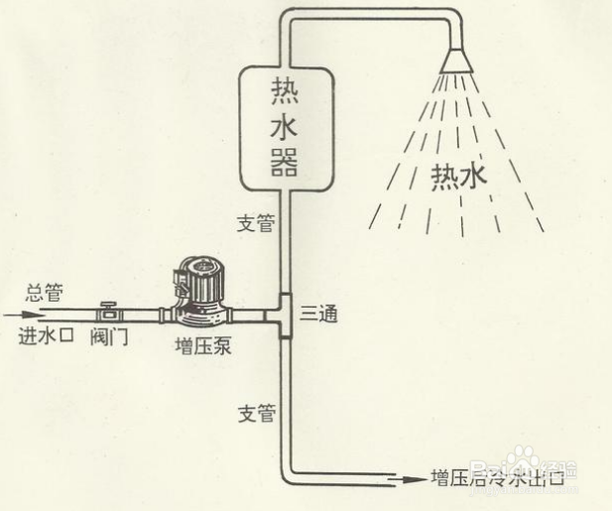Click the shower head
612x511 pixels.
pos(458,60)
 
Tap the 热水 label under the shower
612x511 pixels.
pos(459,178)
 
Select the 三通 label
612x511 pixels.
pos(318,315)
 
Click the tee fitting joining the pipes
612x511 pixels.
pos(284,316)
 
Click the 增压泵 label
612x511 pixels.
pos(200,347)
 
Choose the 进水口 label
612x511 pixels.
pos(45,335)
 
